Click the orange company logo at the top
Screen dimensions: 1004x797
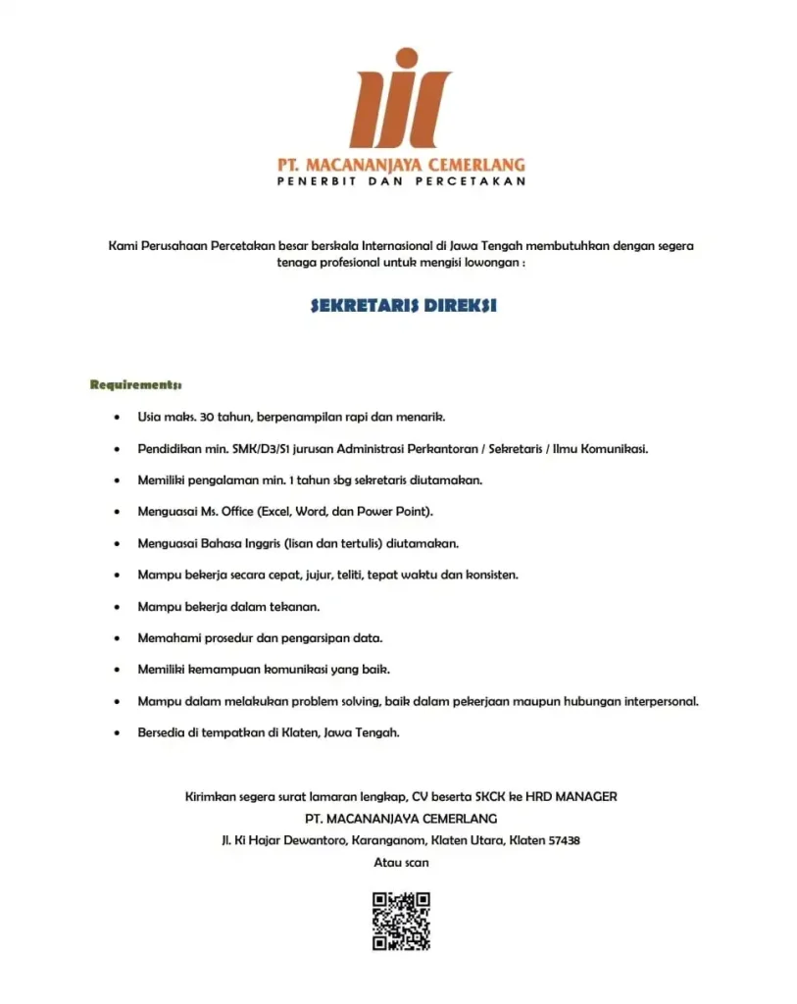click(x=400, y=98)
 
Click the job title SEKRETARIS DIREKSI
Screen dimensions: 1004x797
click(x=403, y=306)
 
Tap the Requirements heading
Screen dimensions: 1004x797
click(x=136, y=384)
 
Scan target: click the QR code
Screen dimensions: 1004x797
click(x=401, y=921)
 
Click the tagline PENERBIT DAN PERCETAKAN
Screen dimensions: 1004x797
click(x=400, y=181)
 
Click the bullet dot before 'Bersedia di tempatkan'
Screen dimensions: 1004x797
click(x=118, y=732)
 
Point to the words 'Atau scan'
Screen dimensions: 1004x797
click(x=401, y=862)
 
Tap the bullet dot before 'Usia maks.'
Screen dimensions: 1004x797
click(x=118, y=417)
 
